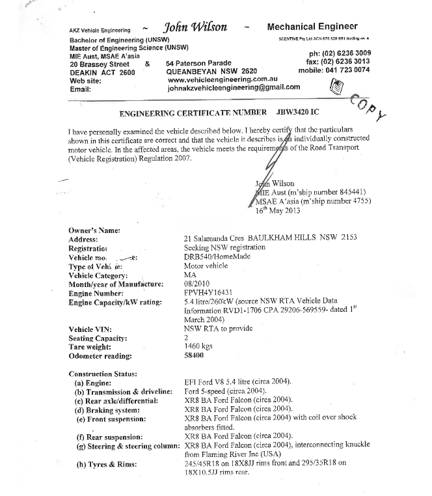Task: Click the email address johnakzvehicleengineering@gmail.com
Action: click(x=234, y=87)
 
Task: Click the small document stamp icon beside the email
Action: click(x=336, y=85)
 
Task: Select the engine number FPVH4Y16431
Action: click(x=210, y=294)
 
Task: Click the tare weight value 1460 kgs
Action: click(x=201, y=348)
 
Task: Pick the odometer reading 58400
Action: click(x=197, y=356)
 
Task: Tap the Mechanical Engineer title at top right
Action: click(x=312, y=27)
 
